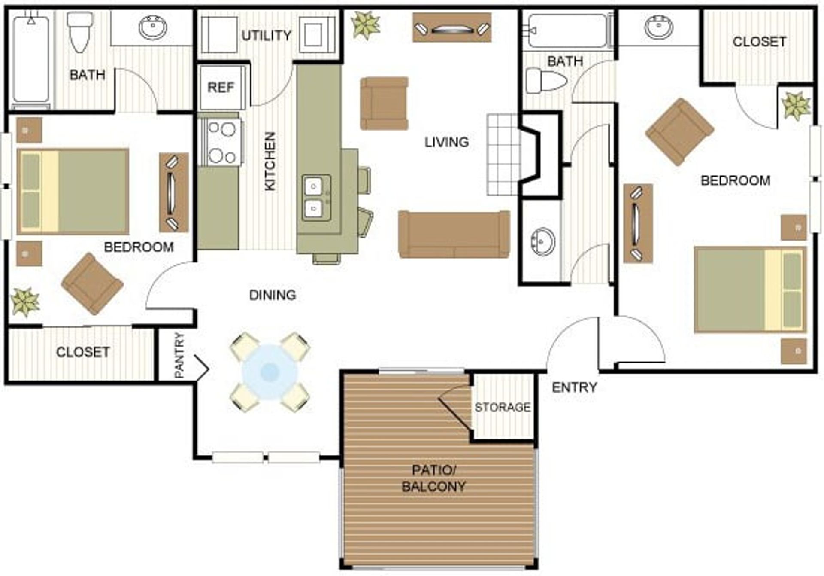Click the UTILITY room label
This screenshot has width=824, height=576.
[x=267, y=35]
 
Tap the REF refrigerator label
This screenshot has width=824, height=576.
[x=221, y=88]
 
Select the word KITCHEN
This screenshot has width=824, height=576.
[x=270, y=161]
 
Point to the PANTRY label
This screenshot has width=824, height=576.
[x=179, y=355]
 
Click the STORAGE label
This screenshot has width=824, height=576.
[x=503, y=407]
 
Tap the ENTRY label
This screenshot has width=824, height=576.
[x=574, y=387]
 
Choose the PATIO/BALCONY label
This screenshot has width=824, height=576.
[x=433, y=478]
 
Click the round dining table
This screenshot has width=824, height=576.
[x=269, y=372]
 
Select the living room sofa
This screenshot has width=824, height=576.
[x=454, y=235]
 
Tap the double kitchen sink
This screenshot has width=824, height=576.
[x=316, y=198]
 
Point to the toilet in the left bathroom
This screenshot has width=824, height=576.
[x=80, y=31]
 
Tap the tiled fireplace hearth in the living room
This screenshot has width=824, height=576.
[x=503, y=155]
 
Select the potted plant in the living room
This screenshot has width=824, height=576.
[x=366, y=25]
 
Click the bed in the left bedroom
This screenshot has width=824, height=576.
[x=73, y=192]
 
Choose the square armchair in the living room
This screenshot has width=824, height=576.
[x=384, y=104]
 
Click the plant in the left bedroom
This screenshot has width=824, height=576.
[x=25, y=302]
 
